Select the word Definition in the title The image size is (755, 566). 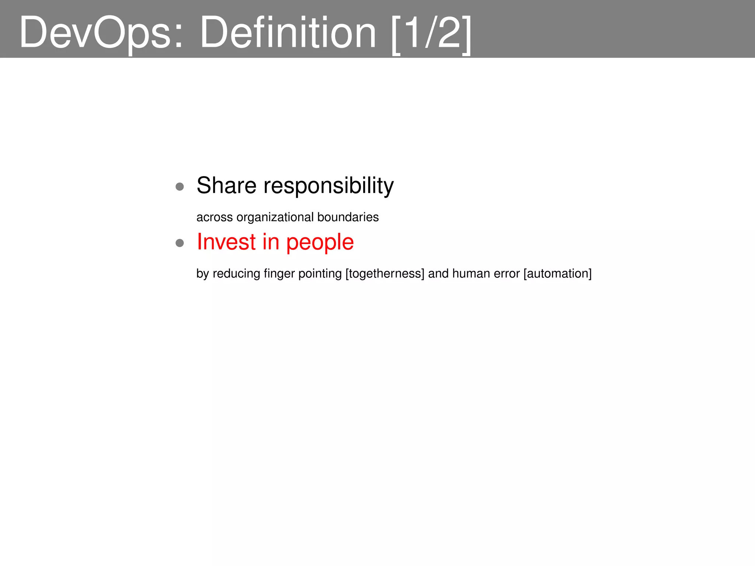(288, 32)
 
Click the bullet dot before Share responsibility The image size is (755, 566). (180, 186)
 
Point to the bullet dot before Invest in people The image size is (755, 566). (180, 243)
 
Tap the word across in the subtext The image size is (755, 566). (215, 217)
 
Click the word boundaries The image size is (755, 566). (348, 217)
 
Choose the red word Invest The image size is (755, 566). (226, 242)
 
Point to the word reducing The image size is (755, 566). (236, 274)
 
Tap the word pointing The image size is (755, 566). (320, 274)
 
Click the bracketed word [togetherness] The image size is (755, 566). (385, 274)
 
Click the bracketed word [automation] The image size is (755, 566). (557, 274)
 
